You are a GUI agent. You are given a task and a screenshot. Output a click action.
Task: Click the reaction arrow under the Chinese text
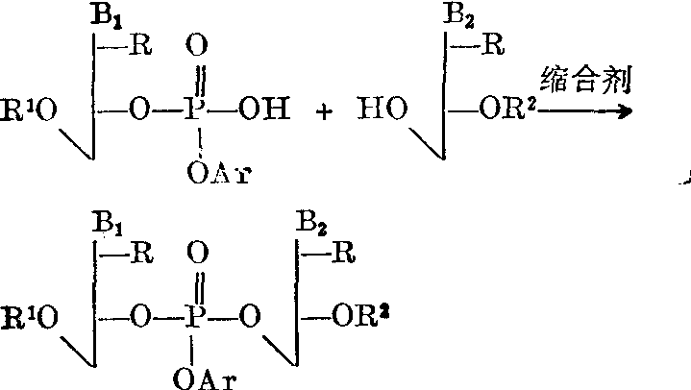click(584, 111)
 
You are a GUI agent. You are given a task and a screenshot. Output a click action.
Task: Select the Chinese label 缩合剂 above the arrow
click(586, 80)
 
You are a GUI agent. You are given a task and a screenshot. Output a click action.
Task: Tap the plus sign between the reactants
click(324, 112)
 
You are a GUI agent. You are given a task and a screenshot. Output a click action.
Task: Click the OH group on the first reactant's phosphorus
click(264, 109)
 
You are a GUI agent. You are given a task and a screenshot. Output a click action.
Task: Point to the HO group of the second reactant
click(382, 109)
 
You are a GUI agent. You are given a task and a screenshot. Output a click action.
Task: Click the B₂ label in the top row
click(458, 15)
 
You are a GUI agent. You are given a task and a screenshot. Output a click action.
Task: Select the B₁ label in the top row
click(107, 15)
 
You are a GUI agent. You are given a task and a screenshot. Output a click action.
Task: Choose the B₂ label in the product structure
click(311, 222)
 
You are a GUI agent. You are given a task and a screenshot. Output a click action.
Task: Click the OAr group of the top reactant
click(219, 173)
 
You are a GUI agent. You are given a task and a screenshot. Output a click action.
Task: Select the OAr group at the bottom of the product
click(205, 378)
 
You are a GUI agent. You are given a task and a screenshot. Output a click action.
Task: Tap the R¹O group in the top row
click(29, 110)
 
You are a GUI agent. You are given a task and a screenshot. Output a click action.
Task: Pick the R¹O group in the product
click(29, 318)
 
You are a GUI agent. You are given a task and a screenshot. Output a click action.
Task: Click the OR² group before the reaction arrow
click(507, 109)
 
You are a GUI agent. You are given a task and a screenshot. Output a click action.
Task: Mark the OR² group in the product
click(361, 315)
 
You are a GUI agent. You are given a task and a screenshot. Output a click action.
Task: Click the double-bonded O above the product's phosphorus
click(197, 253)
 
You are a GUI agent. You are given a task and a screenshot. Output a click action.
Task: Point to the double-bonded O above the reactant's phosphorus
click(197, 45)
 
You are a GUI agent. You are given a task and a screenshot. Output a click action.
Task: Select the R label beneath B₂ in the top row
click(493, 44)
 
